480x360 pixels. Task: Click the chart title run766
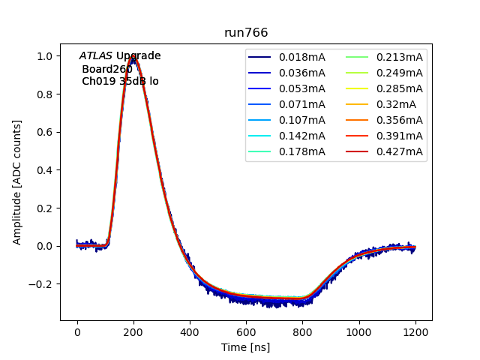(246, 33)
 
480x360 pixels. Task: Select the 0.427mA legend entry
(399, 152)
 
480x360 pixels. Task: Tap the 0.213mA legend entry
(399, 57)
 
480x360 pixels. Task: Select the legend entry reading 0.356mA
(399, 121)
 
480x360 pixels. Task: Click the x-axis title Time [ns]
(246, 347)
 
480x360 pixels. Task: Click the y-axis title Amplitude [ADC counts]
(17, 182)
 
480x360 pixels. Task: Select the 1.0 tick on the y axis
(45, 56)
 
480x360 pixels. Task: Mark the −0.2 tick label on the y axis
(42, 284)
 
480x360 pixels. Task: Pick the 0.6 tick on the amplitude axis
(45, 132)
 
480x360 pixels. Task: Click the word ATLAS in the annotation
(96, 56)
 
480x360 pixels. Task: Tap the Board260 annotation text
(107, 69)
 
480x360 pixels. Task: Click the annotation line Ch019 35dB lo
(120, 81)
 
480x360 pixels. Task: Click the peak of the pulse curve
(133, 56)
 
